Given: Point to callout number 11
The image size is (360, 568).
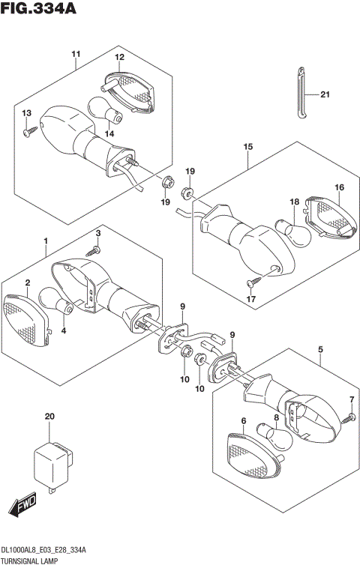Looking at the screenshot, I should click(x=76, y=54).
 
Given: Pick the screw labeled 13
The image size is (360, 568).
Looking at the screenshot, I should click(x=29, y=131).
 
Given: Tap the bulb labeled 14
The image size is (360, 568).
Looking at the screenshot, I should click(x=104, y=111).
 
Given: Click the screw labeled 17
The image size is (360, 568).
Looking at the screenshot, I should click(x=253, y=283).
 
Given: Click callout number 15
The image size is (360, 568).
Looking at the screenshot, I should click(x=247, y=148).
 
